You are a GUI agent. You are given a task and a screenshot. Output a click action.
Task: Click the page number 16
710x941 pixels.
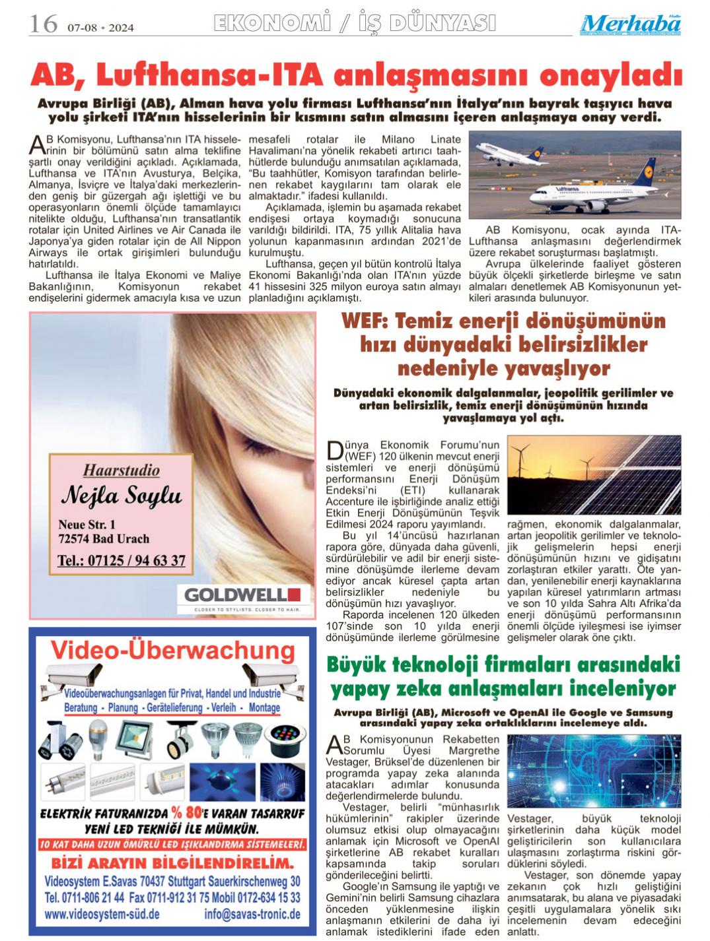pos(43,24)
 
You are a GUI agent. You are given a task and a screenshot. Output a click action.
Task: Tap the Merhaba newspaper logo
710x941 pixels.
pos(631,24)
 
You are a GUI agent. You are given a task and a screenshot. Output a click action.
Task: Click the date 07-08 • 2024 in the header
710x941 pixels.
pos(100,28)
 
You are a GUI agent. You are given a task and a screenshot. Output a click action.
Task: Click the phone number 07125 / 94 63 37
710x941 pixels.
pos(121,561)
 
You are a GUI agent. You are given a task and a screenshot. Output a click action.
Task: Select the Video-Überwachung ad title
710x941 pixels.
pos(173,651)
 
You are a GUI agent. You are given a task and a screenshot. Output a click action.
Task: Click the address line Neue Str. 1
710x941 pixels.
pos(87,524)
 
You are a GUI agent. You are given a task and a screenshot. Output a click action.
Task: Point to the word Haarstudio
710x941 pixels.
pos(121,471)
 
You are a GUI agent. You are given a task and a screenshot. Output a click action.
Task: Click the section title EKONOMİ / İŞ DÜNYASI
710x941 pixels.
pos(355,24)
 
